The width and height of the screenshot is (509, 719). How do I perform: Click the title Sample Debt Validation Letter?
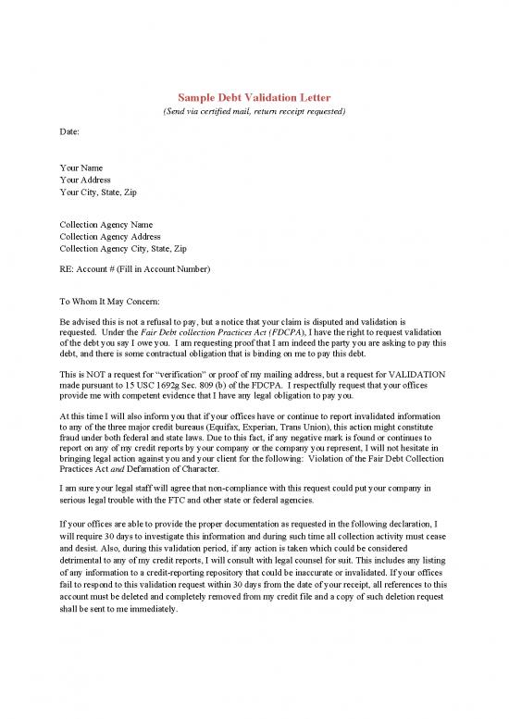point(254,97)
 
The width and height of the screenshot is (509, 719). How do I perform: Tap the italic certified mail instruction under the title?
point(254,111)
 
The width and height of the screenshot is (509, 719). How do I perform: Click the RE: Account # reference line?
point(135,269)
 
